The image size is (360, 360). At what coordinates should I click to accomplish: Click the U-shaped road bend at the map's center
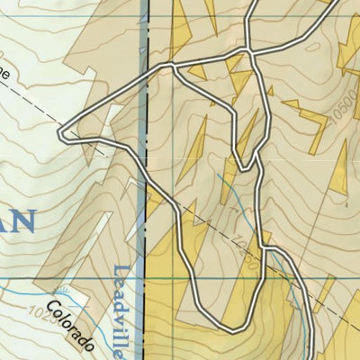[x=245, y=167]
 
